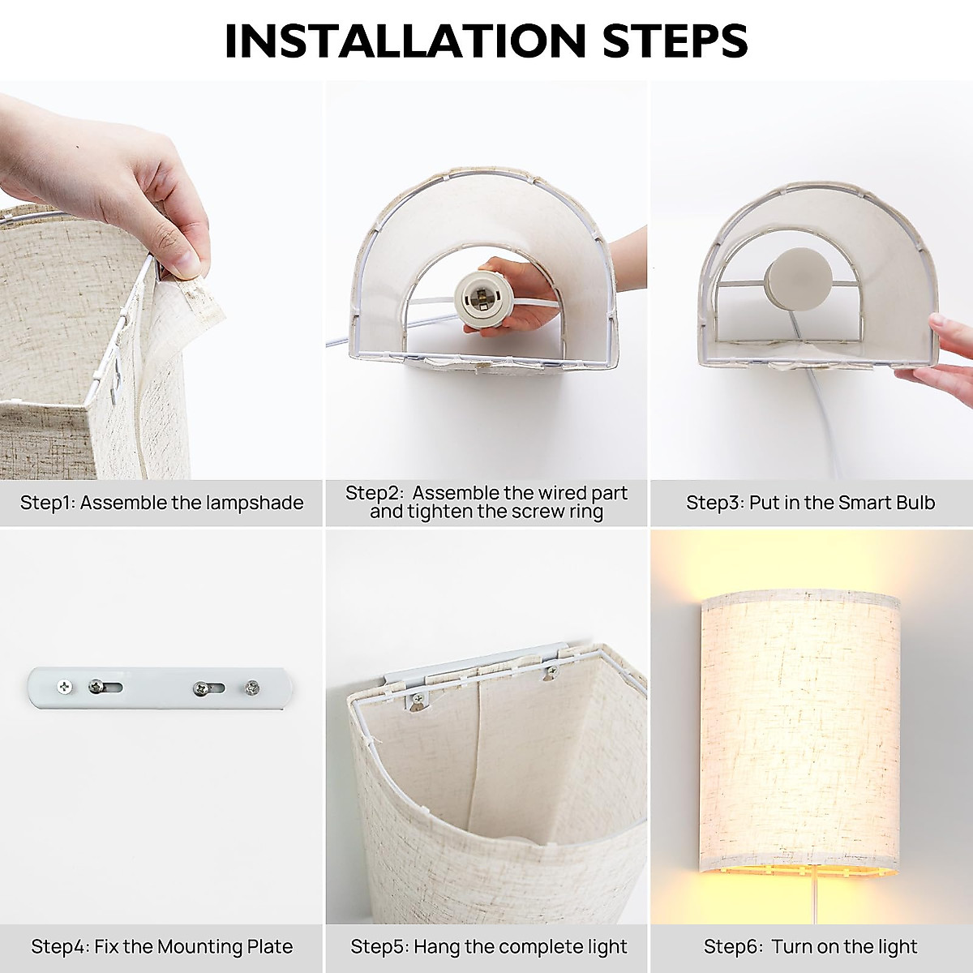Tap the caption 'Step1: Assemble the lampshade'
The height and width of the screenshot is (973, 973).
(x=161, y=503)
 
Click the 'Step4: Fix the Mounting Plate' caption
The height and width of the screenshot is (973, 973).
(x=161, y=946)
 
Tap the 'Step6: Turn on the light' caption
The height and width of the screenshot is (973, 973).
(x=810, y=946)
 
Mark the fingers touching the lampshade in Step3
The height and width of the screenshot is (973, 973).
(x=941, y=349)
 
